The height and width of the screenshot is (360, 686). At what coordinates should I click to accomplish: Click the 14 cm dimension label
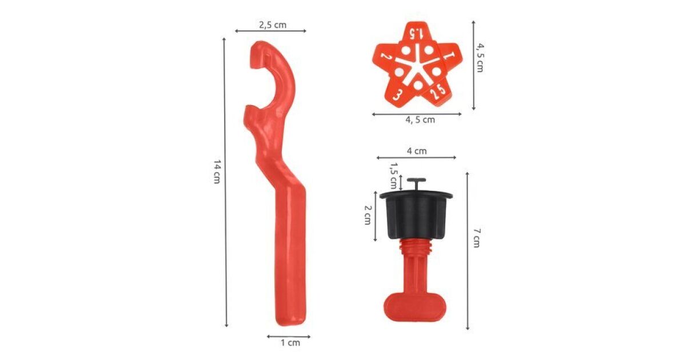[217, 171]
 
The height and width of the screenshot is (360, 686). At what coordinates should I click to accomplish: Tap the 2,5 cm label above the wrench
[273, 25]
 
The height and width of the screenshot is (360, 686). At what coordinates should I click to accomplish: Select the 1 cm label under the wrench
[290, 342]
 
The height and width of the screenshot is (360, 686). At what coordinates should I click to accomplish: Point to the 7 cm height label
[477, 238]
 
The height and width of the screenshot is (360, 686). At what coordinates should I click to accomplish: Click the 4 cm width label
[417, 151]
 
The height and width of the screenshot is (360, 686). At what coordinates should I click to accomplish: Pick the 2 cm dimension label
[368, 215]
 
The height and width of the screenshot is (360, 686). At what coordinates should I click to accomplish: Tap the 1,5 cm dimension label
[393, 175]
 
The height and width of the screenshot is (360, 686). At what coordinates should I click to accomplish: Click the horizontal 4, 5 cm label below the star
[420, 119]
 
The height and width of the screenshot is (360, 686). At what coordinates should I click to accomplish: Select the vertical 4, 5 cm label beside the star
[480, 58]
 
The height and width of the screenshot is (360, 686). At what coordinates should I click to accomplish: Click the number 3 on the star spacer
[397, 95]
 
